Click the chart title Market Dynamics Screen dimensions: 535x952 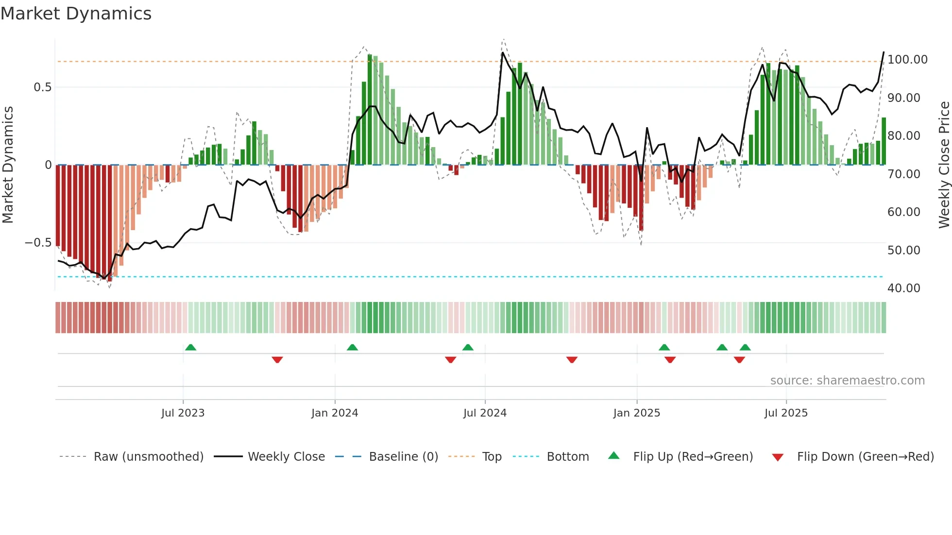coord(76,14)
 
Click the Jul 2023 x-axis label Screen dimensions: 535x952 coord(183,413)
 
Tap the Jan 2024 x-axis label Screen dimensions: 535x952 coord(335,413)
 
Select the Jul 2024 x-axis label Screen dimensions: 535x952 coord(485,413)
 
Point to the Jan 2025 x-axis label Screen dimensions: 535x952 coord(636,413)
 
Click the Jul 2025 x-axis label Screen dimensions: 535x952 coord(786,413)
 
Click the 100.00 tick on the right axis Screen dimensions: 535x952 coord(907,60)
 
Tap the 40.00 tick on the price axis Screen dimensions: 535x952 coord(903,288)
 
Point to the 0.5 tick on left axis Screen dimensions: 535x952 coord(42,87)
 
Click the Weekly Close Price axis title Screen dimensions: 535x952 coord(944,165)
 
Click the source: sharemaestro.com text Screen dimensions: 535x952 coord(847,381)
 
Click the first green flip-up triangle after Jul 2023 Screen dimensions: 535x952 coord(190,348)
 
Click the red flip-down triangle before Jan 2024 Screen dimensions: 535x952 coord(277,360)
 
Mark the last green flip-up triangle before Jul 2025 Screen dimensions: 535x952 coord(745,348)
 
